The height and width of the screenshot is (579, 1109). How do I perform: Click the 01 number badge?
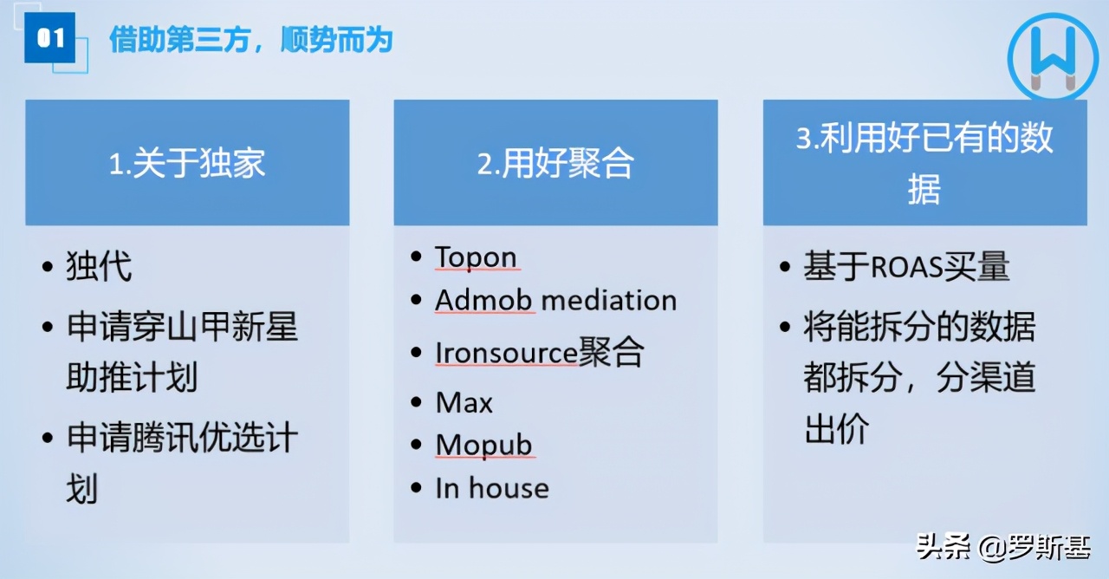pos(50,39)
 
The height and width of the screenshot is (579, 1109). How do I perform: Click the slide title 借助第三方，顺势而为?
pos(250,40)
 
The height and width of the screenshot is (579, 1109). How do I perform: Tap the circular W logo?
pos(1053,57)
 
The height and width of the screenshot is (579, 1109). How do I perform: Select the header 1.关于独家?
pos(187,163)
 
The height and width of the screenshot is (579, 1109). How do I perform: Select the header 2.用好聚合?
pos(555,163)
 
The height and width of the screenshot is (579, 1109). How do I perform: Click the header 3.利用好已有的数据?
pos(924,163)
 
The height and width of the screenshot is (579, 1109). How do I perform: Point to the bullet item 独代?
pos(99,266)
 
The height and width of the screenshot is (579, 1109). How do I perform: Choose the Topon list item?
pos(476,257)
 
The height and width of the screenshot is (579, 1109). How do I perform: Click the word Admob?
pos(485,301)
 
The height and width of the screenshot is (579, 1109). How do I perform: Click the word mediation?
pos(609,301)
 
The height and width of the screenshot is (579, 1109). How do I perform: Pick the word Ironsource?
pos(506,353)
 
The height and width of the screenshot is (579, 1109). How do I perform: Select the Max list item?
pos(464,403)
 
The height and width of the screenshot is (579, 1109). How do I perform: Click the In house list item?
pos(491,488)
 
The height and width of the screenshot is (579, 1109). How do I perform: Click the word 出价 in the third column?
pos(836,429)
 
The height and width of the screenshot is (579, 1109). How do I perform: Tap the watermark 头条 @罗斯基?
pos(1002,547)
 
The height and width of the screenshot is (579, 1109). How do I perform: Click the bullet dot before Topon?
pos(417,257)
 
